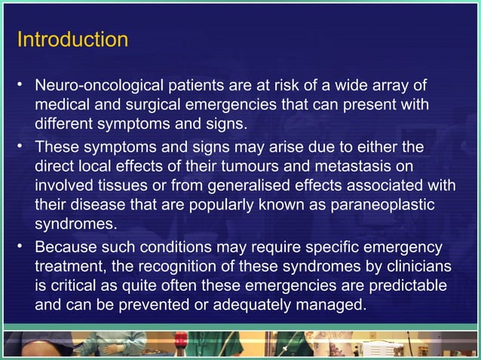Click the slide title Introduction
click(72, 38)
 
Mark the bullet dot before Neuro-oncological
click(23, 84)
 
